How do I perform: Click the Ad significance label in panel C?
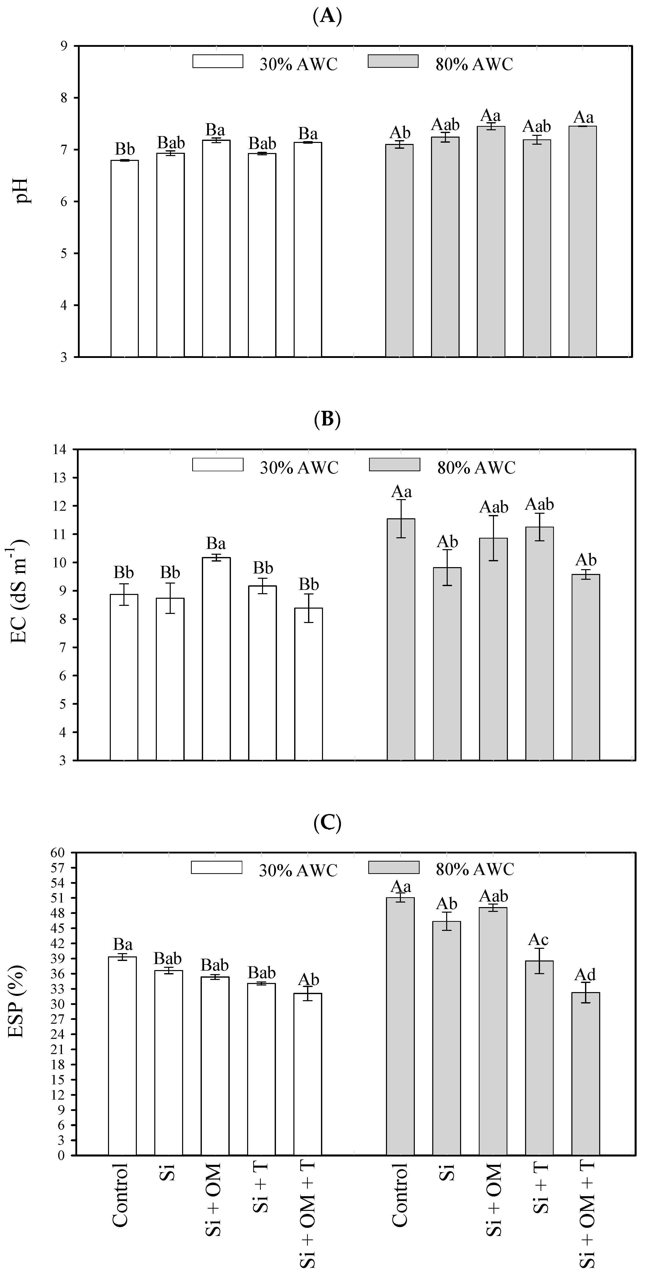pyautogui.click(x=585, y=974)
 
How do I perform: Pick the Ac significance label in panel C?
pyautogui.click(x=539, y=940)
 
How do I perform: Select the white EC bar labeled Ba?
pyautogui.click(x=216, y=658)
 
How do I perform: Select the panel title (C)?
pyautogui.click(x=327, y=823)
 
